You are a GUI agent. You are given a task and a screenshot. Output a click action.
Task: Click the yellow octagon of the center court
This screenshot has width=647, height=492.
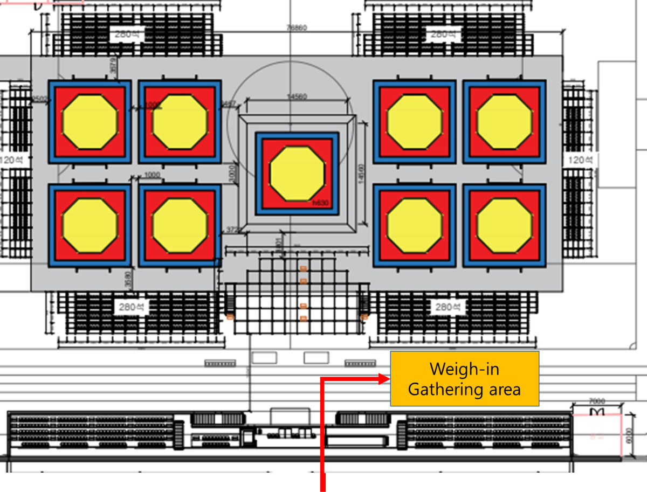click(x=297, y=173)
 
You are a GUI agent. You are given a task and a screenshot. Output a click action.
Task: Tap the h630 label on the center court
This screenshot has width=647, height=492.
click(x=320, y=203)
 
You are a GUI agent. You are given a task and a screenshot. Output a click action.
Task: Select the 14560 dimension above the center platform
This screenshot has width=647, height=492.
click(x=297, y=97)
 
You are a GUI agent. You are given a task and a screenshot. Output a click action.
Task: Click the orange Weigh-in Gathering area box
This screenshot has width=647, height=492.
click(x=464, y=379)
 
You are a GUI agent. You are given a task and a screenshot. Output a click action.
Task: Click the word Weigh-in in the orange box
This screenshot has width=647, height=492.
click(x=464, y=369)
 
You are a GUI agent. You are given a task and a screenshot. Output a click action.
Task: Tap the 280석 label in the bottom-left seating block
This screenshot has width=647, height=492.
click(x=129, y=307)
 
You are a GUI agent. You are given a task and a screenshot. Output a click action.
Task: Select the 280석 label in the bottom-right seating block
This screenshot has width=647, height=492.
click(x=448, y=307)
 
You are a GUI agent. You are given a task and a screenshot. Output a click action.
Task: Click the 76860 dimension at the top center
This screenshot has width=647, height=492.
click(x=297, y=27)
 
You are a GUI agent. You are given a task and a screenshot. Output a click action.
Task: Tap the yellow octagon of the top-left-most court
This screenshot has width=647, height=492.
click(x=90, y=122)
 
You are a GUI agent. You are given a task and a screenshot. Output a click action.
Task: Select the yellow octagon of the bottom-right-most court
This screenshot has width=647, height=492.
click(x=504, y=225)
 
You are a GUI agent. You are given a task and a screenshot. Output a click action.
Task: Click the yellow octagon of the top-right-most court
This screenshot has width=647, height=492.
click(x=504, y=122)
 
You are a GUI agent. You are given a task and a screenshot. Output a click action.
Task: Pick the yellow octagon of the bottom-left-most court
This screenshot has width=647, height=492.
click(x=90, y=225)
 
